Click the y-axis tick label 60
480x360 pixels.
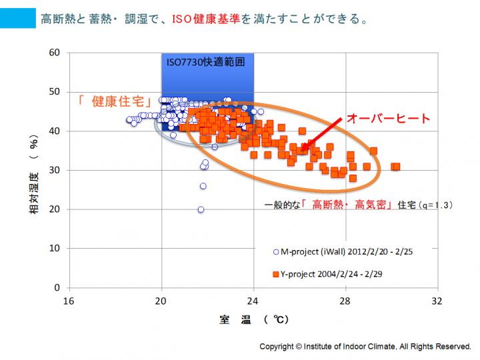(x=54, y=53)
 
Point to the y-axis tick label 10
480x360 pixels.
(x=54, y=249)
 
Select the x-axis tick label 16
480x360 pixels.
(x=69, y=301)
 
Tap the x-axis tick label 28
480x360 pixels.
(x=345, y=301)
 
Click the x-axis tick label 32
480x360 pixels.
(x=437, y=301)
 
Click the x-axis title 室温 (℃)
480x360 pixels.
(x=254, y=319)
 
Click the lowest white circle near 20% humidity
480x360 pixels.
(x=201, y=209)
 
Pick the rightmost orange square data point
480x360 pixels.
(x=396, y=167)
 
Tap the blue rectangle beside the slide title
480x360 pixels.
(x=17, y=19)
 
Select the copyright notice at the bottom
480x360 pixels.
(x=365, y=347)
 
